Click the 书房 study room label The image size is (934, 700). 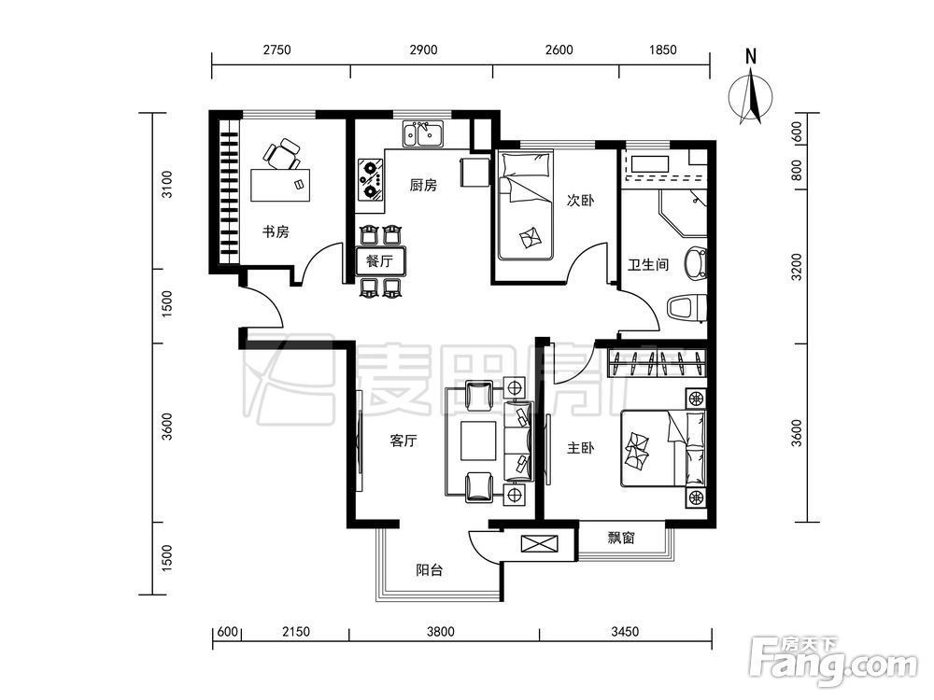[x=276, y=231]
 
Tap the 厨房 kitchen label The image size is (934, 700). [x=423, y=185]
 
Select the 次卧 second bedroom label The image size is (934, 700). [x=580, y=200]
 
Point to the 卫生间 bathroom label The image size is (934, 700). [x=648, y=264]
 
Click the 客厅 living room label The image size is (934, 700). [x=403, y=441]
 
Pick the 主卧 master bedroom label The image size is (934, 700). [x=580, y=448]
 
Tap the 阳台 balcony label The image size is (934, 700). [x=430, y=569]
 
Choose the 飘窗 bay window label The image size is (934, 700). [x=621, y=538]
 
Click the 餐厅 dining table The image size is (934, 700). [x=381, y=261]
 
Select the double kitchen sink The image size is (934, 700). [x=423, y=133]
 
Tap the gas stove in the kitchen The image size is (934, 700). [x=371, y=178]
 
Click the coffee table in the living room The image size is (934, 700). [x=478, y=441]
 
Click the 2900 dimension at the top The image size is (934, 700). [x=423, y=49]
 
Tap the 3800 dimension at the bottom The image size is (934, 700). [x=440, y=631]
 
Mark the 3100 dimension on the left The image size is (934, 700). [x=167, y=185]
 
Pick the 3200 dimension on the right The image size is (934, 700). [x=797, y=267]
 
